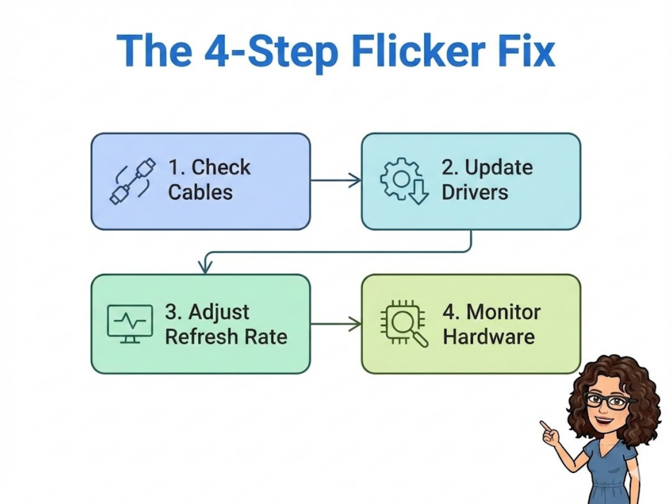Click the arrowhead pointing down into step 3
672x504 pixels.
pyautogui.click(x=205, y=268)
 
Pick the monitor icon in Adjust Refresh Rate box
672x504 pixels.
pyautogui.click(x=130, y=323)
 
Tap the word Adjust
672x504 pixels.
pyautogui.click(x=219, y=312)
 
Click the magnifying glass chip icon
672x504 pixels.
pyautogui.click(x=404, y=323)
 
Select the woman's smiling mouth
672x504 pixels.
pyautogui.click(x=603, y=421)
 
